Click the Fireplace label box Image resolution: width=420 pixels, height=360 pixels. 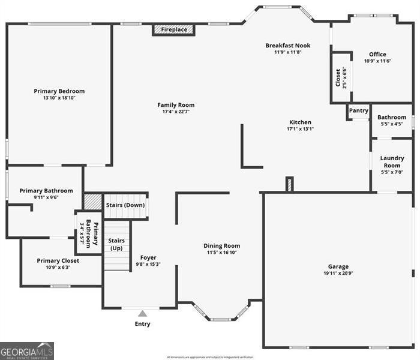point(173,29)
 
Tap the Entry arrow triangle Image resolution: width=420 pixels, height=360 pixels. point(142,313)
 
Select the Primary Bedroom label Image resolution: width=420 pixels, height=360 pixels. point(59,91)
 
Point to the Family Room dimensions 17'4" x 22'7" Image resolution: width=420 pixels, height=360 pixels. point(176,112)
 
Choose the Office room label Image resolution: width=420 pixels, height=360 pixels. point(377,55)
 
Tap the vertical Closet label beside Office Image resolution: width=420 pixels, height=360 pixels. point(338,77)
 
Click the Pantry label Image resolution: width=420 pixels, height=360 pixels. point(358,110)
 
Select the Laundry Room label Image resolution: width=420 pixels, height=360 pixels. point(392,161)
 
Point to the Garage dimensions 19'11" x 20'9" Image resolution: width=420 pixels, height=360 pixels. point(338,274)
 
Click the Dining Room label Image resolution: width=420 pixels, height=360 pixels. point(222,245)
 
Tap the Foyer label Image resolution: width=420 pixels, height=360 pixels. point(148,257)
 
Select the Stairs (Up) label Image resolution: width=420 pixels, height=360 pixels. point(116,244)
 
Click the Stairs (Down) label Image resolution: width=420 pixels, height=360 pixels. point(125,205)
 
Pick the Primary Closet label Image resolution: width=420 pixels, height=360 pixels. point(58,260)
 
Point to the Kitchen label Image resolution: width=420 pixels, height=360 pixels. point(299,122)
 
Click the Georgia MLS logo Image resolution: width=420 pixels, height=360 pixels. point(27,350)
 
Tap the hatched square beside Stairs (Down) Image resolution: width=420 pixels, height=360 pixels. point(92,201)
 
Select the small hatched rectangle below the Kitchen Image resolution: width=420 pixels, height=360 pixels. point(289,184)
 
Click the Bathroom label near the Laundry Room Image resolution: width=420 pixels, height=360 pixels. point(392,117)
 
